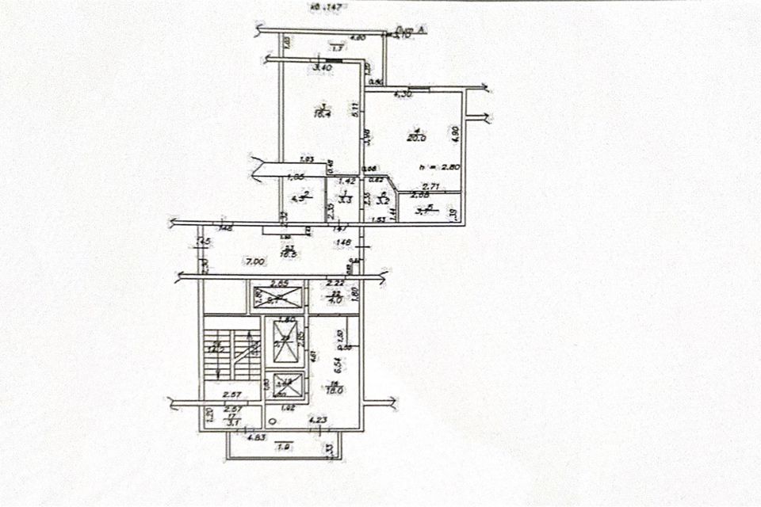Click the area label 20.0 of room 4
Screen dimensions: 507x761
[417, 138]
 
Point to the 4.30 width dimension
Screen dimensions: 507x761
[403, 95]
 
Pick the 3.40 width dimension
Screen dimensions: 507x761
[323, 68]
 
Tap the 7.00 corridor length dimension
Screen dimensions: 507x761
[254, 261]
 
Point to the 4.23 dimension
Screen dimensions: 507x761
[318, 420]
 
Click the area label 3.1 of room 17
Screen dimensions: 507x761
[232, 424]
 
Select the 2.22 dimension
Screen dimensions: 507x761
[335, 283]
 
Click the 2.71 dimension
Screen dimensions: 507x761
[431, 185]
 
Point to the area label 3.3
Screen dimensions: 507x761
[344, 200]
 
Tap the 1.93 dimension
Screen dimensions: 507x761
[306, 160]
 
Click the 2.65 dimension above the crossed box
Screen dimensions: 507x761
[278, 283]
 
